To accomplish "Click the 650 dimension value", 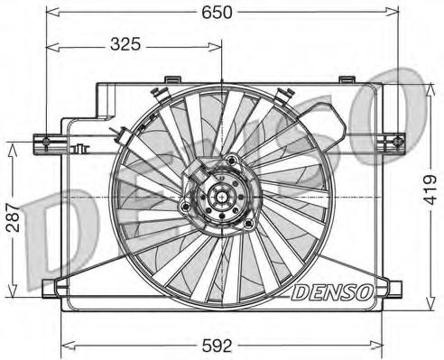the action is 217,13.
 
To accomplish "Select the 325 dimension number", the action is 125,44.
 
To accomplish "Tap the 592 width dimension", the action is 217,346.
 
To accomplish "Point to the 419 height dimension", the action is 430,189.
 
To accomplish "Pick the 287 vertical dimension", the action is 13,217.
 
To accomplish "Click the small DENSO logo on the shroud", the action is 332,292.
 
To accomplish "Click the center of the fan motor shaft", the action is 222,197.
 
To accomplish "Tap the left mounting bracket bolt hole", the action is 46,141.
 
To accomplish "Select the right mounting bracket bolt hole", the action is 398,141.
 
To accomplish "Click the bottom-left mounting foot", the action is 50,289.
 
